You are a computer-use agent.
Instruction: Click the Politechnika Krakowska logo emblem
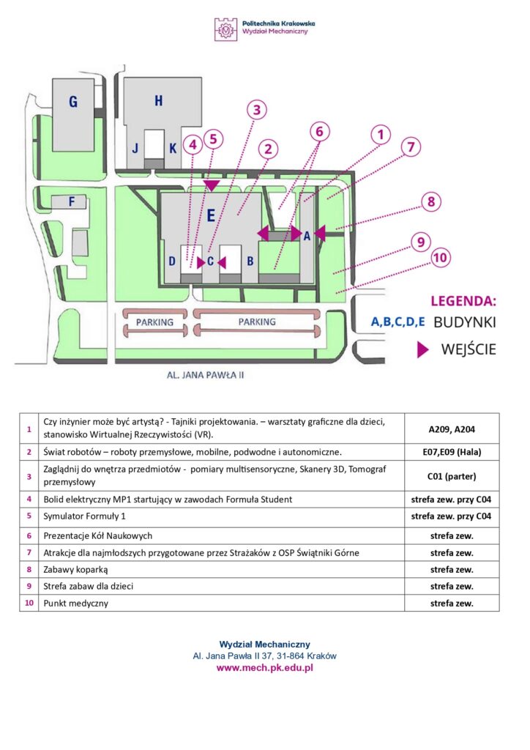pyautogui.click(x=225, y=29)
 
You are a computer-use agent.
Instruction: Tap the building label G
pyautogui.click(x=73, y=103)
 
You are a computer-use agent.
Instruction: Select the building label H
pyautogui.click(x=158, y=101)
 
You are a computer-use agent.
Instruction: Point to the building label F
pyautogui.click(x=72, y=201)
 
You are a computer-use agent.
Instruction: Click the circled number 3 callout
pyautogui.click(x=256, y=111)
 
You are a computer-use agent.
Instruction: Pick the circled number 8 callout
pyautogui.click(x=431, y=201)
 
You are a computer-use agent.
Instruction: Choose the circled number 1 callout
pyautogui.click(x=380, y=134)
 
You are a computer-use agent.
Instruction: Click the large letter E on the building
pyautogui.click(x=211, y=215)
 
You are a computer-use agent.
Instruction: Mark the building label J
pyautogui.click(x=135, y=148)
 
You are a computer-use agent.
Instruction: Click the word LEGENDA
pyautogui.click(x=463, y=300)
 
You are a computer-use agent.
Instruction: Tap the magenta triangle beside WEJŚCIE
pyautogui.click(x=422, y=350)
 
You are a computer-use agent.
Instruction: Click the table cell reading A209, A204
pyautogui.click(x=452, y=428)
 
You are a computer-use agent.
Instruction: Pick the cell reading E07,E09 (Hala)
pyautogui.click(x=452, y=453)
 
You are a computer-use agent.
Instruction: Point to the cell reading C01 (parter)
pyautogui.click(x=452, y=476)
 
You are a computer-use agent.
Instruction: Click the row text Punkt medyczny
pyautogui.click(x=75, y=604)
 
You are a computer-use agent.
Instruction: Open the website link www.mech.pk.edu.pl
pyautogui.click(x=264, y=668)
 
